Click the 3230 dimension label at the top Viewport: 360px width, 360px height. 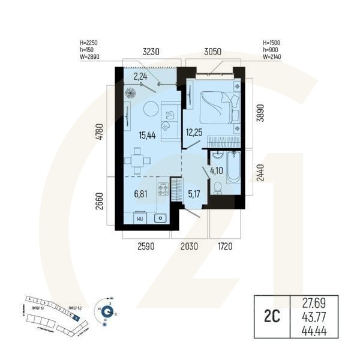pos(149,52)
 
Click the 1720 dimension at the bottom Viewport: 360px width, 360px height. pos(224,246)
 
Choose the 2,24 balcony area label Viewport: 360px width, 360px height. pos(140,77)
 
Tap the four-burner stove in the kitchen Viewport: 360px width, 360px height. pos(163,190)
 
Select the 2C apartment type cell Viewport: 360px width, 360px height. pos(269,317)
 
